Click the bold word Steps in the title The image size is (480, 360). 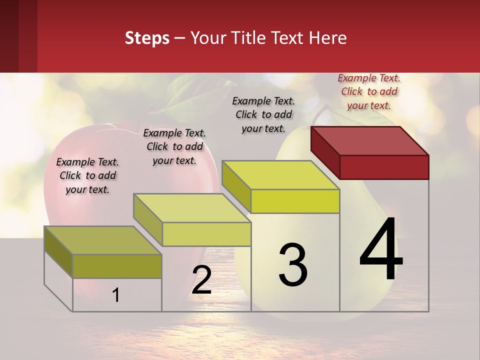click(x=147, y=38)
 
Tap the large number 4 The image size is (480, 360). click(x=381, y=250)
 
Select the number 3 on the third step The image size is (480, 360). click(x=293, y=265)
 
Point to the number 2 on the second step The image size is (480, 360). click(x=201, y=280)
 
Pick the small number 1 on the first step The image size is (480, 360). click(x=116, y=295)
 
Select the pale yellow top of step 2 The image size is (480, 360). click(x=192, y=208)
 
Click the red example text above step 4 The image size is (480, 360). click(x=369, y=91)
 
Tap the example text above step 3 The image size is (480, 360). click(x=263, y=114)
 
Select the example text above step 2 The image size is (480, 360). click(x=174, y=146)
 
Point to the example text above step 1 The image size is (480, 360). click(x=87, y=175)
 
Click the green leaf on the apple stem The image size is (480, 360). click(x=187, y=97)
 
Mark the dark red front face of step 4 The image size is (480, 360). click(x=384, y=167)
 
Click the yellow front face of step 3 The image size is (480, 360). click(x=295, y=201)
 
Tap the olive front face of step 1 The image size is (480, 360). click(x=117, y=266)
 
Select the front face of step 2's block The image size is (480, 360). click(x=206, y=234)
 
